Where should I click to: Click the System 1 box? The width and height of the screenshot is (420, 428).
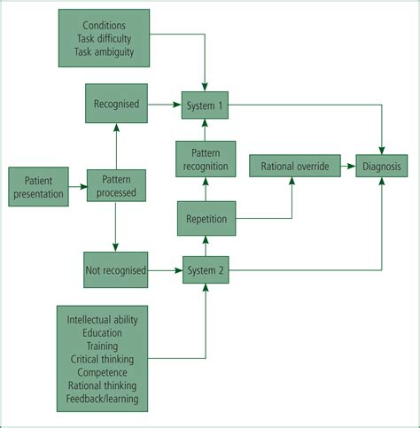click(206, 105)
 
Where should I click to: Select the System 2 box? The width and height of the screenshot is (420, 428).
click(206, 268)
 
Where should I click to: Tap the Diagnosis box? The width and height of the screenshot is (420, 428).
click(382, 165)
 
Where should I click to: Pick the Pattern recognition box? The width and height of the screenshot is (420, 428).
click(206, 159)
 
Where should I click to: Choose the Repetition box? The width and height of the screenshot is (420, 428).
click(206, 218)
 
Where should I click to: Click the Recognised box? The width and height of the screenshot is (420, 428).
click(116, 105)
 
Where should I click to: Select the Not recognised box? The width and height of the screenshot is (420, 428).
click(116, 268)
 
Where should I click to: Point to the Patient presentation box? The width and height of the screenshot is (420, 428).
click(39, 185)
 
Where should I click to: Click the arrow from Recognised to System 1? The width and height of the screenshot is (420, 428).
click(164, 105)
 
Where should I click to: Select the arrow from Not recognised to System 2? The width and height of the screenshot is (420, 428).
click(164, 268)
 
